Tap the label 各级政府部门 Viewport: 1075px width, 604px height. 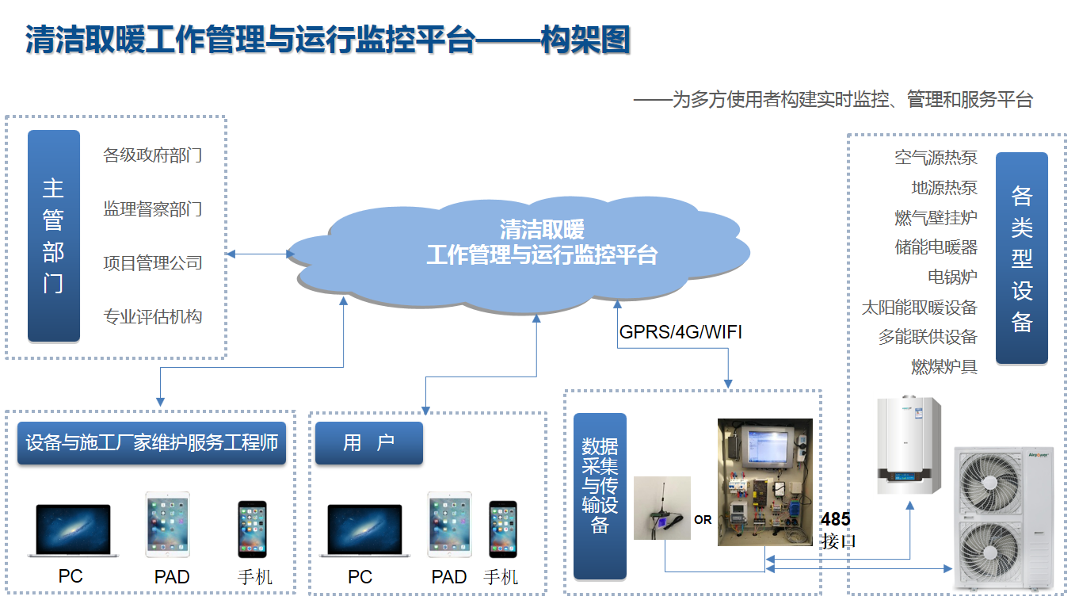pos(152,155)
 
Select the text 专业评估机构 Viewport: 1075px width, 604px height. pos(152,317)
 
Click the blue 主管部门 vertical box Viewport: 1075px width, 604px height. pos(54,235)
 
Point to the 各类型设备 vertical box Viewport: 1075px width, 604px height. pos(1021,258)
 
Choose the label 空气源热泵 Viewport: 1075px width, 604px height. pos(936,157)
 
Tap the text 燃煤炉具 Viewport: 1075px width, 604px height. pos(943,367)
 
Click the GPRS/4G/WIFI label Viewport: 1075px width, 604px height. pos(680,331)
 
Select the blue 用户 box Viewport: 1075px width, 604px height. pos(368,443)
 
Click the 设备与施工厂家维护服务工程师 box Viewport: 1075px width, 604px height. pos(151,443)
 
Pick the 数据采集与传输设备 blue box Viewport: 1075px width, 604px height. pos(600,495)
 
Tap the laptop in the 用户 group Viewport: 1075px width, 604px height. pos(364,530)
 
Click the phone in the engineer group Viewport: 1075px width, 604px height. pos(252,529)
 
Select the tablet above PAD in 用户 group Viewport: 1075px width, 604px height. pos(449,525)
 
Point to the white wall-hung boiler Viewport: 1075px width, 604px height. pos(909,445)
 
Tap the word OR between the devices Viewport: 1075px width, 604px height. pos(703,520)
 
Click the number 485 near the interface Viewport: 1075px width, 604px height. pos(835,520)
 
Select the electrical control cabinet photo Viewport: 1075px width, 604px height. pos(764,482)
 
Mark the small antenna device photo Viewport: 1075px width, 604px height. pos(661,508)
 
